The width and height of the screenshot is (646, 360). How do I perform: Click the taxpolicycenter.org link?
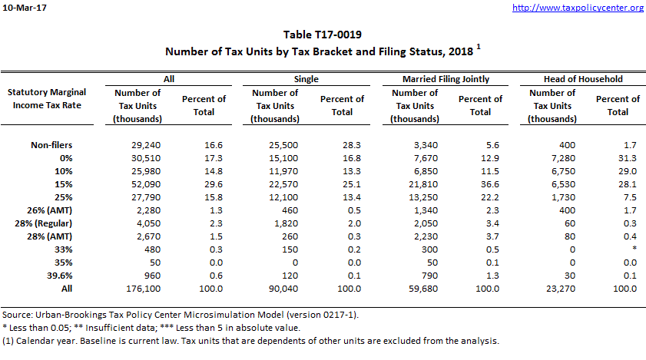[577, 8]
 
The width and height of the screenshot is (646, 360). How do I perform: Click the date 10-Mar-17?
[24, 8]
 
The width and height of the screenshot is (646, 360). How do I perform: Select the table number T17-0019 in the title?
[323, 35]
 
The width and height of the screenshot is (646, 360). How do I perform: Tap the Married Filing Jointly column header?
[446, 78]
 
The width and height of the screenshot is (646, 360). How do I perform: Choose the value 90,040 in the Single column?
[274, 288]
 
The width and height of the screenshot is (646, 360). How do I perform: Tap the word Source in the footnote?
[18, 315]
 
